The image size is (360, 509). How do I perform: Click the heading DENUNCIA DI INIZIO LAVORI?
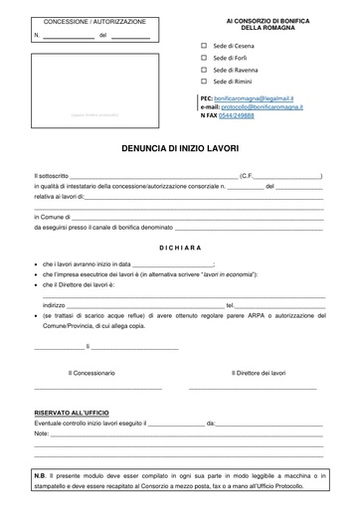pyautogui.click(x=179, y=145)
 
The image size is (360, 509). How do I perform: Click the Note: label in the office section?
pyautogui.click(x=41, y=434)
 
